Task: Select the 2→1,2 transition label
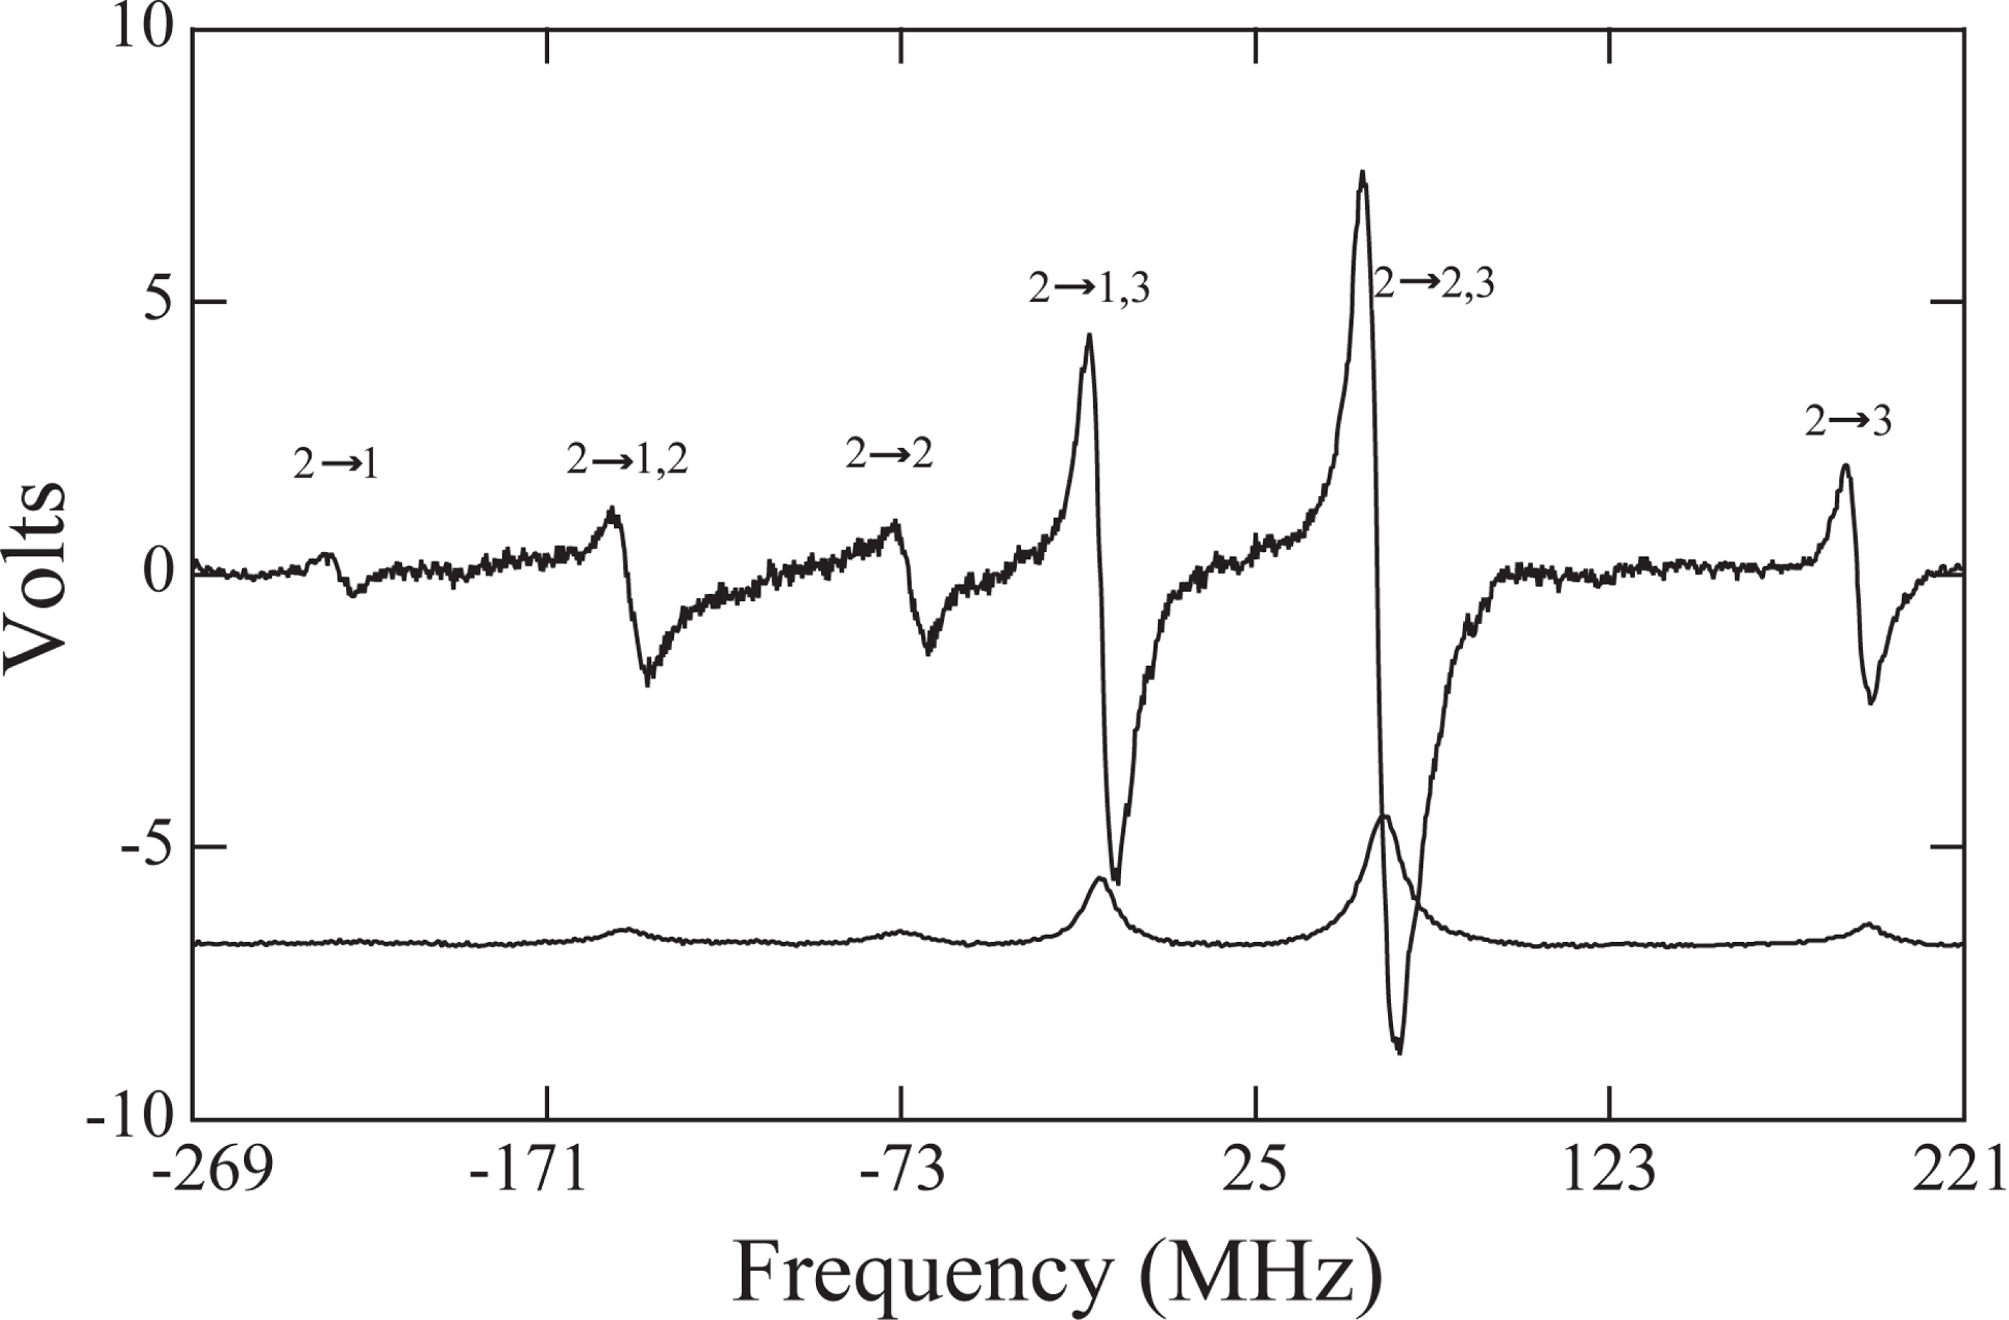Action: [627, 460]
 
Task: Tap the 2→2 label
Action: [889, 456]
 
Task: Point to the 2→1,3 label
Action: [1089, 290]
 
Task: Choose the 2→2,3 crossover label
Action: [1433, 284]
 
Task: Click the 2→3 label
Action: [1849, 421]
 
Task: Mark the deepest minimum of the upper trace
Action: [1399, 1051]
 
